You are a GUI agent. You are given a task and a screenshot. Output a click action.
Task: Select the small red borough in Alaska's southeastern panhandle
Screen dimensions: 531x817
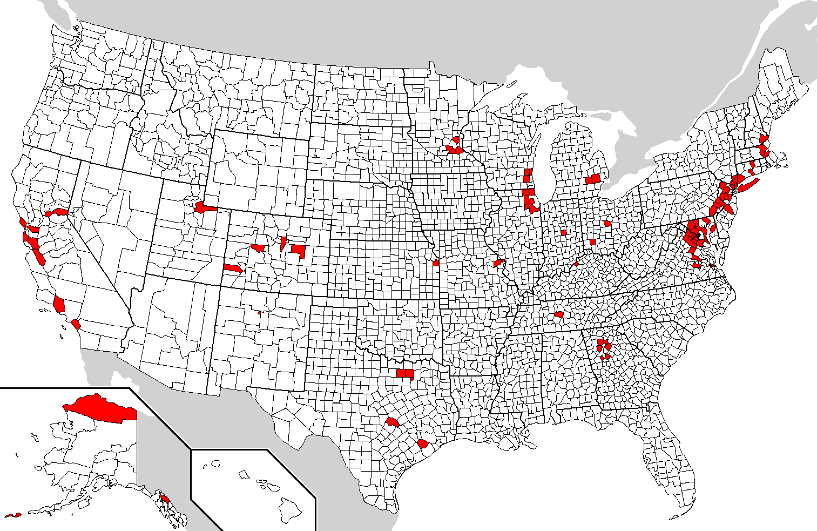pos(166,498)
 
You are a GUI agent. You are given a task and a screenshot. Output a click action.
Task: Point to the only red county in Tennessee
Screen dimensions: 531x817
pos(559,314)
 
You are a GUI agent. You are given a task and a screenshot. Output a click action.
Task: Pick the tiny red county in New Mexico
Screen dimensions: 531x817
pos(260,312)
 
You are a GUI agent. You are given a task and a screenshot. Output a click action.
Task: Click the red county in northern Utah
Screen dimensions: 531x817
pos(204,207)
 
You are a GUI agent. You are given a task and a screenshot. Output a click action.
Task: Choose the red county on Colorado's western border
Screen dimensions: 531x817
pos(233,268)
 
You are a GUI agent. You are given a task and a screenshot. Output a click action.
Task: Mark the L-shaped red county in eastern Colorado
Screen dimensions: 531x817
pos(299,250)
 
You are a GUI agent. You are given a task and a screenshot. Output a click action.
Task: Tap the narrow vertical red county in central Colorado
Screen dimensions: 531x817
pos(283,243)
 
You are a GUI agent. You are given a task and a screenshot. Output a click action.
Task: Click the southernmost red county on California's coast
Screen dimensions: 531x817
pos(76,325)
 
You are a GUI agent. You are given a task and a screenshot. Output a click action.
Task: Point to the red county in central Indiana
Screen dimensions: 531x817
pos(564,233)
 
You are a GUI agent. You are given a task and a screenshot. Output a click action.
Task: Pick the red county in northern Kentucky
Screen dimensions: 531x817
pos(576,264)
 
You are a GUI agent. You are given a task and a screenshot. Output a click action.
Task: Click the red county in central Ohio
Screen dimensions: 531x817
pos(607,223)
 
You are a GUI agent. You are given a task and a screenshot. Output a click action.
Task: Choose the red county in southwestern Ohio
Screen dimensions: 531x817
pos(592,242)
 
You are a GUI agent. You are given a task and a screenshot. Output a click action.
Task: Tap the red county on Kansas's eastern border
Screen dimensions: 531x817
pos(436,263)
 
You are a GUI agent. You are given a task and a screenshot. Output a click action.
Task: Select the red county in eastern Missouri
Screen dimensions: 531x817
pos(498,263)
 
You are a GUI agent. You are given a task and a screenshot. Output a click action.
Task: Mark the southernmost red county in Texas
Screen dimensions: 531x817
pos(423,445)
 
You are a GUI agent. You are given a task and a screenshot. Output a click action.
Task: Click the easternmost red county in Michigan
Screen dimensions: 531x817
pos(597,178)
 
